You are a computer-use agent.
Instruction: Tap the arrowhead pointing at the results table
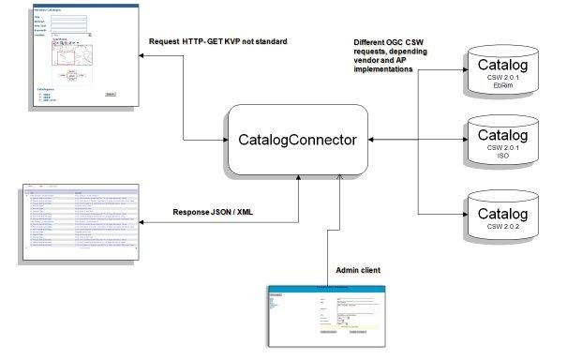coord(143,222)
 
